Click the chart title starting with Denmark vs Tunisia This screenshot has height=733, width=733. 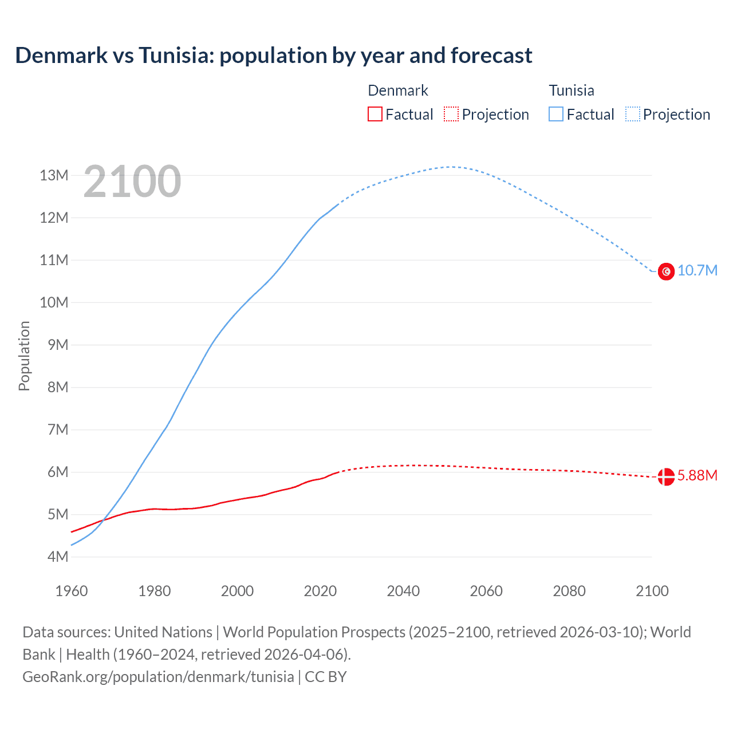pos(274,56)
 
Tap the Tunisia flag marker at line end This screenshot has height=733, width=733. pos(666,271)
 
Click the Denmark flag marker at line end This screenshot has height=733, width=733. pos(666,476)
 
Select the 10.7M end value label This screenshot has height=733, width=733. pos(697,270)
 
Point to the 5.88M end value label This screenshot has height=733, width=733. pos(697,476)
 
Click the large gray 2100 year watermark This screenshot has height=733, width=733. pos(132,182)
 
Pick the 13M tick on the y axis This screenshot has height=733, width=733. pos(54,175)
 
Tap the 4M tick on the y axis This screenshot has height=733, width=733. pos(57,557)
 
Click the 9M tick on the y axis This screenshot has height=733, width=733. pos(57,345)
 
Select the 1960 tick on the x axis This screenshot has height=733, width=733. pos(72,591)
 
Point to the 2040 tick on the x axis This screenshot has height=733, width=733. pos(403,591)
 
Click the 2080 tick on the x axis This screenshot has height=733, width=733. pos(569,591)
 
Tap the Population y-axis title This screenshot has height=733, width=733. pos(24,356)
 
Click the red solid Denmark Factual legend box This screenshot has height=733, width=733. pos(375,115)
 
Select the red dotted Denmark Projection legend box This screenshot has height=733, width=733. pos(451,115)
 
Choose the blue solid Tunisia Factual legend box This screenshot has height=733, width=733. pos(556,115)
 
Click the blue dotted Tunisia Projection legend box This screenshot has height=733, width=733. pos(633,115)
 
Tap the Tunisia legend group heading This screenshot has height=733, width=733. pos(572,90)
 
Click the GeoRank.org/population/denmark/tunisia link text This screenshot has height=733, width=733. pos(158,677)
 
